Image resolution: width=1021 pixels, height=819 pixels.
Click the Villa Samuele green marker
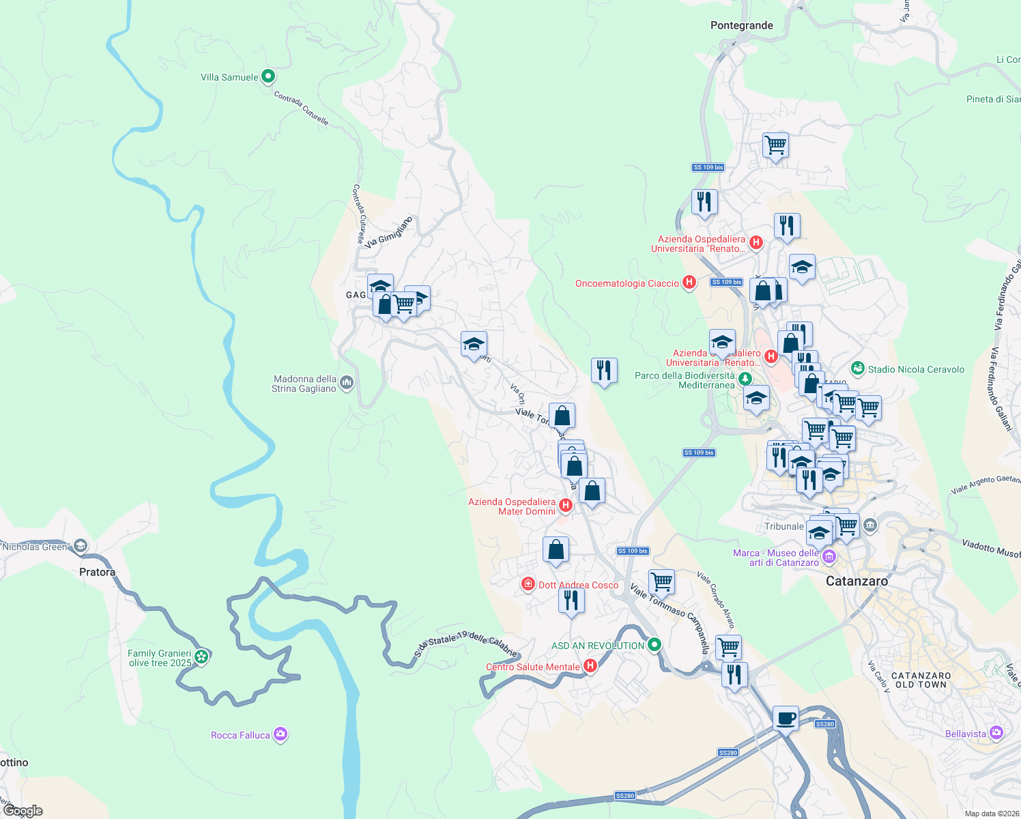[268, 76]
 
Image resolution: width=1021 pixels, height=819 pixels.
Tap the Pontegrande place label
[741, 25]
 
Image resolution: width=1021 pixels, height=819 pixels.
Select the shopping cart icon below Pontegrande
[775, 145]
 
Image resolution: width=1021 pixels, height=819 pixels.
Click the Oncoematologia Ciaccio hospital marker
[689, 283]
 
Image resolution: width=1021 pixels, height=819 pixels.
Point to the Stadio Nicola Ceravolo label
[916, 369]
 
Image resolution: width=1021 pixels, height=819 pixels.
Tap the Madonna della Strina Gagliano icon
[347, 383]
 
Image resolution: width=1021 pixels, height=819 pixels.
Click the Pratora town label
[97, 572]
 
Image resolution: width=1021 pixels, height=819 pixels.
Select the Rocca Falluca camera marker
[281, 734]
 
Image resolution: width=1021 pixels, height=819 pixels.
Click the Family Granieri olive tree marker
[201, 657]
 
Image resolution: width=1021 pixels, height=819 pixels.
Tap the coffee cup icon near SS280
[786, 718]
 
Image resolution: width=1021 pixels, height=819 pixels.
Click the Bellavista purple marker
[996, 733]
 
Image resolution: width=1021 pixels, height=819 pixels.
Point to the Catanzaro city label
[857, 581]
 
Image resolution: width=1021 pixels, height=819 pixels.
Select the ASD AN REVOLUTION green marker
[655, 644]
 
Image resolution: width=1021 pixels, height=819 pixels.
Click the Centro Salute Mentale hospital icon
[590, 666]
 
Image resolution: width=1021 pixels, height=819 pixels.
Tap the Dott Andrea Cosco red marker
[528, 584]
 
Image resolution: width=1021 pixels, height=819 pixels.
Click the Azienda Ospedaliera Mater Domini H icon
[565, 505]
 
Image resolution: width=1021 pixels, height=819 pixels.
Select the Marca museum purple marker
[829, 557]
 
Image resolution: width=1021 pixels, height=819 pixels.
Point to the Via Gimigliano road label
[389, 232]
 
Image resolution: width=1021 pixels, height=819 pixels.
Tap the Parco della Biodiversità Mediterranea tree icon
[746, 379]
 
